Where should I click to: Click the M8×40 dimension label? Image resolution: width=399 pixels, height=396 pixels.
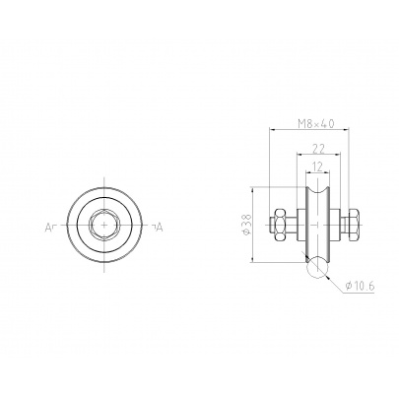[x=316, y=124]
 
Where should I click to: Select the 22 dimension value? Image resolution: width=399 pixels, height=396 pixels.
[x=318, y=149]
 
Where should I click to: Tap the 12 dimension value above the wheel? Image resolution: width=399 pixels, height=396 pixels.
[x=317, y=166]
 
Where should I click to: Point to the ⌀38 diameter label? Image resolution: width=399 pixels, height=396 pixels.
[x=247, y=225]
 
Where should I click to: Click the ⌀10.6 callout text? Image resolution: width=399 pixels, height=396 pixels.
[x=360, y=286]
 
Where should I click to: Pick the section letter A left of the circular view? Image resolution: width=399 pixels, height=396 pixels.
[x=48, y=227]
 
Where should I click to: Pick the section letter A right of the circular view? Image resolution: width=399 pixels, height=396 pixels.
[x=160, y=227]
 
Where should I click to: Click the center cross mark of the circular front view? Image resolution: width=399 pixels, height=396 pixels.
[x=104, y=225]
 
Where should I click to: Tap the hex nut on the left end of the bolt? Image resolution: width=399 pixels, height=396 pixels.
[x=280, y=225]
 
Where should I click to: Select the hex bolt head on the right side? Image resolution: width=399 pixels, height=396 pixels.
[x=355, y=225]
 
